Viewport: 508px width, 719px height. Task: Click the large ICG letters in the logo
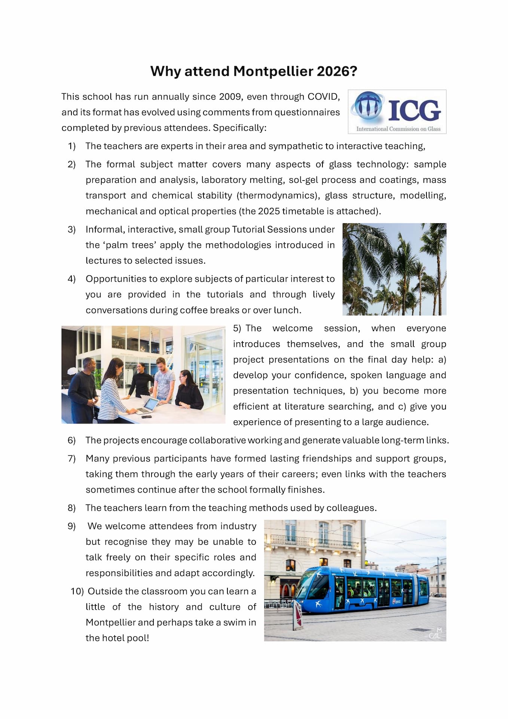pyautogui.click(x=414, y=110)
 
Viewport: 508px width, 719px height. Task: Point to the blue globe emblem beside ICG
pyautogui.click(x=368, y=106)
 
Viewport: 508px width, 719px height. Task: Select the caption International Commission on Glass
pyautogui.click(x=398, y=129)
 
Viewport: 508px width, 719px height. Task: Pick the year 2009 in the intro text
pyautogui.click(x=230, y=97)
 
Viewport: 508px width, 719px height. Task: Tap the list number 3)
pyautogui.click(x=71, y=230)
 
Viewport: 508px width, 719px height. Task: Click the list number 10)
pyautogui.click(x=77, y=591)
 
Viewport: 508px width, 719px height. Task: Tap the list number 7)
pyautogui.click(x=71, y=459)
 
